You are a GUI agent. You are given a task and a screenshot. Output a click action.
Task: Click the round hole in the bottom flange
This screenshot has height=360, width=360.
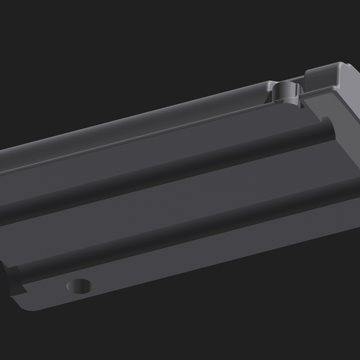[x=81, y=285]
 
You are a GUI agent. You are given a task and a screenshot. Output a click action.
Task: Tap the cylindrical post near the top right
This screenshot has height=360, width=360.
[x=285, y=89]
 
